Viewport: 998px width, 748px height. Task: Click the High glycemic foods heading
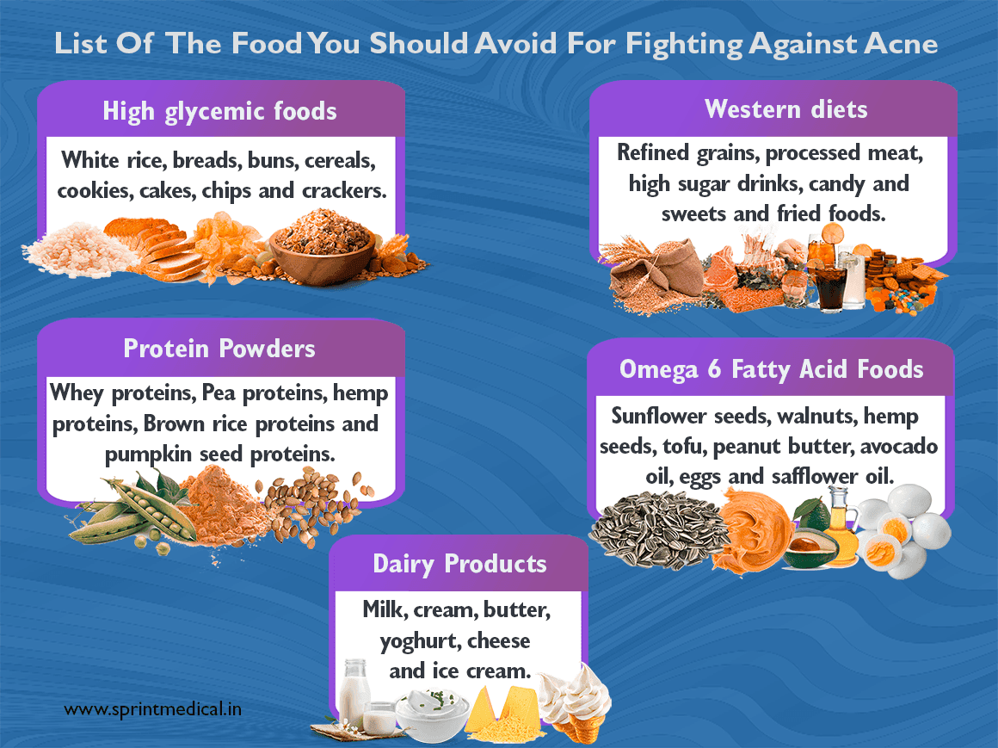(219, 111)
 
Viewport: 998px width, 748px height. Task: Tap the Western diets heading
(785, 109)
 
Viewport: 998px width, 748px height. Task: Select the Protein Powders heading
(219, 348)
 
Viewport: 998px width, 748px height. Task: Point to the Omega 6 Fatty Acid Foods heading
(771, 369)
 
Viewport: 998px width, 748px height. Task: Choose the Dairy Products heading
(459, 564)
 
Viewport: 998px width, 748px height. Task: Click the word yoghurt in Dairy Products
(417, 640)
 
